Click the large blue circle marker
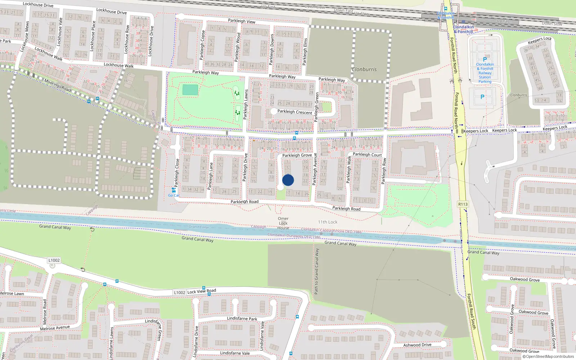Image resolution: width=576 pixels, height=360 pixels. pyautogui.click(x=288, y=180)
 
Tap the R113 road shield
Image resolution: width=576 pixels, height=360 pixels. pyautogui.click(x=463, y=204)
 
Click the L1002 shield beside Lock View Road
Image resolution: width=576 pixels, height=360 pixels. pyautogui.click(x=179, y=292)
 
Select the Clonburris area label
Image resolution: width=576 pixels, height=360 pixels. pyautogui.click(x=364, y=69)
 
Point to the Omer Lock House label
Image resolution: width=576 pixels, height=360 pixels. pyautogui.click(x=283, y=223)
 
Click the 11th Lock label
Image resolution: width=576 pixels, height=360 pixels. pyautogui.click(x=328, y=222)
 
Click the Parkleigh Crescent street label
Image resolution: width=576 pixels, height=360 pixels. pyautogui.click(x=295, y=112)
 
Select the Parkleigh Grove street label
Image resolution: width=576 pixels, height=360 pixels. pyautogui.click(x=297, y=156)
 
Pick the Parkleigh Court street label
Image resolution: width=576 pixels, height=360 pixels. pyautogui.click(x=367, y=154)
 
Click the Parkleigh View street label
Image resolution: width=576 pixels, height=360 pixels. pyautogui.click(x=242, y=21)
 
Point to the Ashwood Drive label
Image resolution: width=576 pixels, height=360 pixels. pyautogui.click(x=417, y=345)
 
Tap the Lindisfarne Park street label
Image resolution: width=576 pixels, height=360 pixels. pyautogui.click(x=242, y=319)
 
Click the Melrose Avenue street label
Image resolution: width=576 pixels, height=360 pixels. pyautogui.click(x=55, y=328)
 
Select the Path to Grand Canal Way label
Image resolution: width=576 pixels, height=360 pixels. pyautogui.click(x=317, y=271)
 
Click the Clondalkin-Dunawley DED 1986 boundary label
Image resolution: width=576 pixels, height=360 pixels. pyautogui.click(x=294, y=236)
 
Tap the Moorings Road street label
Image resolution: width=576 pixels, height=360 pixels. pyautogui.click(x=58, y=85)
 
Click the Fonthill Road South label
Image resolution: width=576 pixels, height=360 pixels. pyautogui.click(x=471, y=311)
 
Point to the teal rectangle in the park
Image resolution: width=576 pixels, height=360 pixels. pyautogui.click(x=190, y=90)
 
